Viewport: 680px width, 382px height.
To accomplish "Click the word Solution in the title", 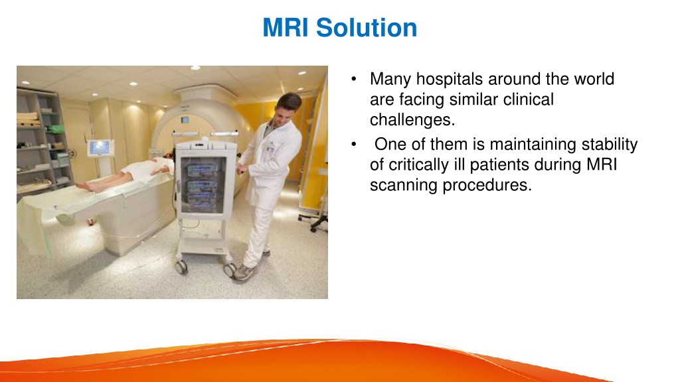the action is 367,28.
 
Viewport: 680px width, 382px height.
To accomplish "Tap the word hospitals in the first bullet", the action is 450,80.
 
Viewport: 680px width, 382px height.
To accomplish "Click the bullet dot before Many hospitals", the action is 354,80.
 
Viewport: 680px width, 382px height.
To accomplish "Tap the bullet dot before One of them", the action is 354,144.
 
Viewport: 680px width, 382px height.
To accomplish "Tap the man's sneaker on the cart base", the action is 244,272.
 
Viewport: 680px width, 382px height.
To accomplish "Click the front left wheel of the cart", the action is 181,267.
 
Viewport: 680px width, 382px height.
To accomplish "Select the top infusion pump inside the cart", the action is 202,170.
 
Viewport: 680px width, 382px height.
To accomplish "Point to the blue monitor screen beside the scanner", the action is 100,148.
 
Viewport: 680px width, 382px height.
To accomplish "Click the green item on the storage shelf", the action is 56,129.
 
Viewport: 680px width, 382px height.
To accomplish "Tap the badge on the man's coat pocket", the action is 270,149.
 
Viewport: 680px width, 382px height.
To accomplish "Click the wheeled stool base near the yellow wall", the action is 315,222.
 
